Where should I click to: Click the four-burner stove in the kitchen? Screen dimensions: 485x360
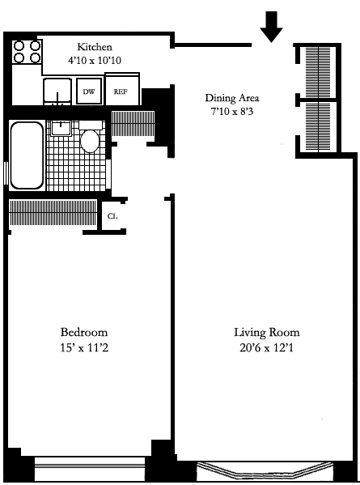27,52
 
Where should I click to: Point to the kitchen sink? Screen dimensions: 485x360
57,91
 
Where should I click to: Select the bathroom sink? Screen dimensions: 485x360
61,127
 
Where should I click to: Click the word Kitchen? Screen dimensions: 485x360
95,47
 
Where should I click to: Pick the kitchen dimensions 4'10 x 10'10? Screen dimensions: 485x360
95,60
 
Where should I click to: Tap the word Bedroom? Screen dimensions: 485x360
83,333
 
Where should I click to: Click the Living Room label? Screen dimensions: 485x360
266,333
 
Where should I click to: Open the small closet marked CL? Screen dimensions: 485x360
112,216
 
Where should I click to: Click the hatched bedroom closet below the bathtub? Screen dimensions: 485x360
53,214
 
